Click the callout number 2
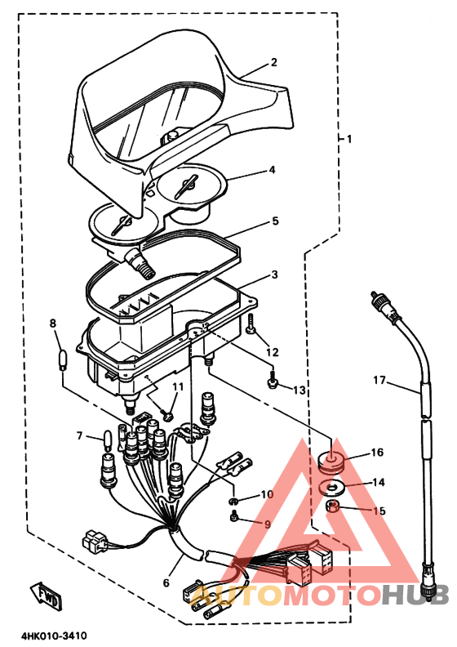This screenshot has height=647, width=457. click(273, 62)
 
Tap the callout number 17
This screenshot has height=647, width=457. click(379, 380)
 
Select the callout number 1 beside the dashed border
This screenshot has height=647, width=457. click(349, 139)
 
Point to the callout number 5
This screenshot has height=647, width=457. click(275, 221)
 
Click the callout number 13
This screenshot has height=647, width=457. click(299, 390)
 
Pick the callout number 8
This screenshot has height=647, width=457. click(53, 323)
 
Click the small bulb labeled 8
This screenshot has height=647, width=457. click(63, 359)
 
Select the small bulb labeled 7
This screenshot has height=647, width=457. click(108, 441)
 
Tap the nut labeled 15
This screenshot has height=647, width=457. click(333, 506)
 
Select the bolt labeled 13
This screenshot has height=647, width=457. click(272, 379)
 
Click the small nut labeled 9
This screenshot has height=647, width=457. click(234, 516)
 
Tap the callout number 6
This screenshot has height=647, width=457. click(166, 582)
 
